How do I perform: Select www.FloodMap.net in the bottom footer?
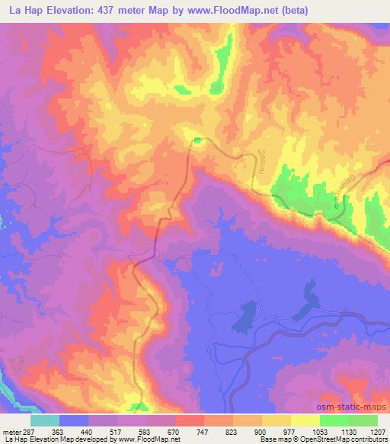pyautogui.click(x=149, y=439)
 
